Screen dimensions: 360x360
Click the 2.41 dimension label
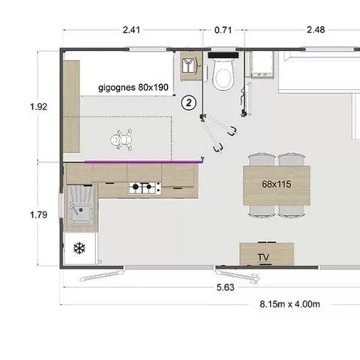point(131,31)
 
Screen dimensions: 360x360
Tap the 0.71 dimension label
point(223,31)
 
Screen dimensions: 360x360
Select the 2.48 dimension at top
point(316,31)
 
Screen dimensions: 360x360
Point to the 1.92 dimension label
point(38,107)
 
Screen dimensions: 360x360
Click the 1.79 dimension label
point(38,215)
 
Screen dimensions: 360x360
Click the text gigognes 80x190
point(132,87)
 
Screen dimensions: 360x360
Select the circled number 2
point(190,101)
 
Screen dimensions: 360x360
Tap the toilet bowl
point(223,73)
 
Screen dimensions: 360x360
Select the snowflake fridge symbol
point(79,248)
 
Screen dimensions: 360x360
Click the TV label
point(262,257)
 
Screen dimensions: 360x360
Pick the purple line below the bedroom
point(142,160)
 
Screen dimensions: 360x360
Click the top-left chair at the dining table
point(260,160)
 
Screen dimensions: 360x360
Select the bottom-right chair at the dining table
point(292,209)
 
